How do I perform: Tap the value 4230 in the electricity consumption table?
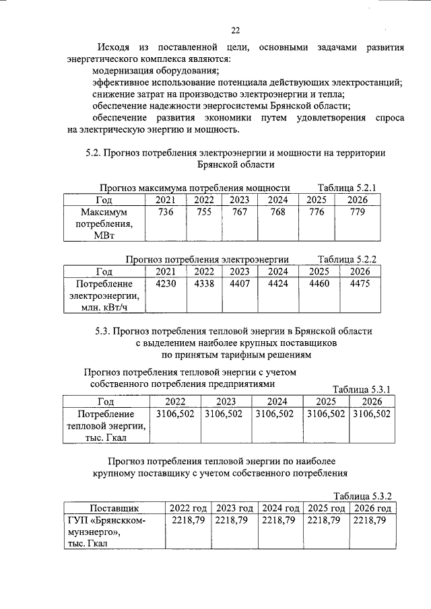(x=165, y=284)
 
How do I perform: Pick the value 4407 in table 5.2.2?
(x=239, y=284)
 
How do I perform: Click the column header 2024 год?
(x=279, y=508)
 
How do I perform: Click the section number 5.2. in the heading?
(x=93, y=153)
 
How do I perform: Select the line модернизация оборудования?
(x=156, y=70)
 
